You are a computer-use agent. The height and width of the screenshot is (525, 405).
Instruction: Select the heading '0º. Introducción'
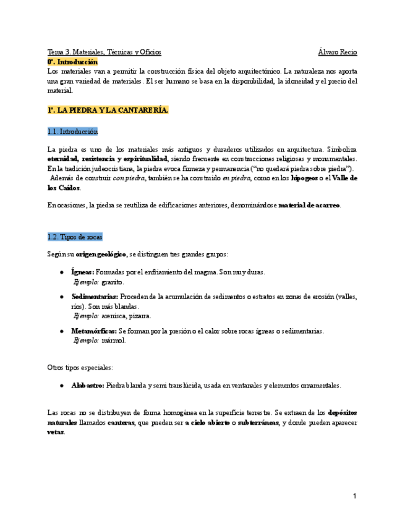[x=72, y=62]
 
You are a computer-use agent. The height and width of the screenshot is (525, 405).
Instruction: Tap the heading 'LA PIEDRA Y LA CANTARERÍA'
[x=108, y=110]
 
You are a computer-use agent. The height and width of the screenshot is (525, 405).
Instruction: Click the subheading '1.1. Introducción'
[x=72, y=131]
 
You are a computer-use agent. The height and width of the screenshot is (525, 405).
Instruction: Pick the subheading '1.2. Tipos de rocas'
[x=75, y=237]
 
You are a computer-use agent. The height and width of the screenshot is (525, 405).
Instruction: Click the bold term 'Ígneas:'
[x=82, y=271]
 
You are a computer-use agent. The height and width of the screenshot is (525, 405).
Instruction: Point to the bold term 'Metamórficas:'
[x=93, y=331]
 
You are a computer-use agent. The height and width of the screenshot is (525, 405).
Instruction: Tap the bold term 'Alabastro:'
[x=88, y=385]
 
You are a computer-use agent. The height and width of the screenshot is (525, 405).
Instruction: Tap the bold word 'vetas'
[x=56, y=432]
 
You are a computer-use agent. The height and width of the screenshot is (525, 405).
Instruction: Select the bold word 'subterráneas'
[x=254, y=422]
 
